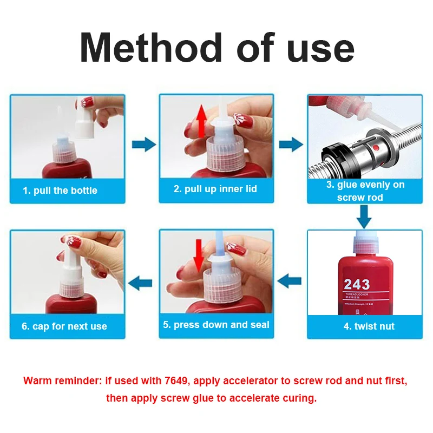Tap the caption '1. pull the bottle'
coord(60,191)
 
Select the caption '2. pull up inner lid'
coord(215,189)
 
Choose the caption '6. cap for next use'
coord(64,326)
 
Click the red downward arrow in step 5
coord(199,254)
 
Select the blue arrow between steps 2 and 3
coord(291,145)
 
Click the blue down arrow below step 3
coord(364,218)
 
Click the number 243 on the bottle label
coord(357,284)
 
